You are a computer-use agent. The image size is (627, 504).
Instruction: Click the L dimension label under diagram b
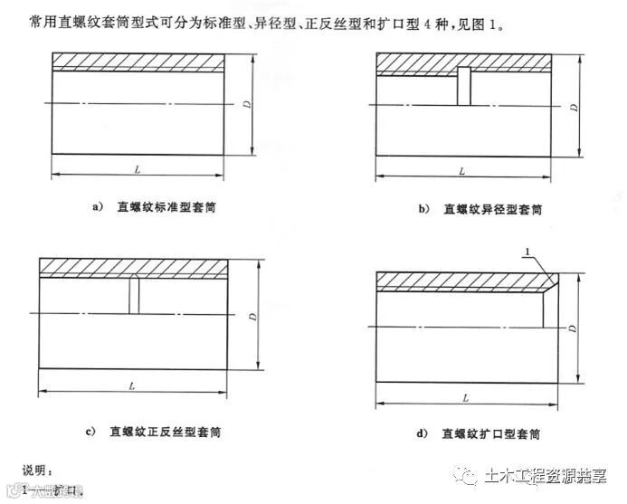pyautogui.click(x=461, y=169)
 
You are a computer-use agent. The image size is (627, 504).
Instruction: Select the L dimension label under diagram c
pyautogui.click(x=132, y=385)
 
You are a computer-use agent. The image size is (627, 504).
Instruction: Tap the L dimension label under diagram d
pyautogui.click(x=465, y=396)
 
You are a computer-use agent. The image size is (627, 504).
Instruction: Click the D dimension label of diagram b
pyautogui.click(x=574, y=107)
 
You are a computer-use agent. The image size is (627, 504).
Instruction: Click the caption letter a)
pyautogui.click(x=99, y=207)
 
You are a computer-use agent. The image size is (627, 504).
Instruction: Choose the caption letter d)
pyautogui.click(x=421, y=433)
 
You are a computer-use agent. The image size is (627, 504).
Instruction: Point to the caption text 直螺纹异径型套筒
pyautogui.click(x=492, y=209)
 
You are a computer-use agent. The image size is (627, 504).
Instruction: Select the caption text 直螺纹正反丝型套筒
pyautogui.click(x=163, y=431)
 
